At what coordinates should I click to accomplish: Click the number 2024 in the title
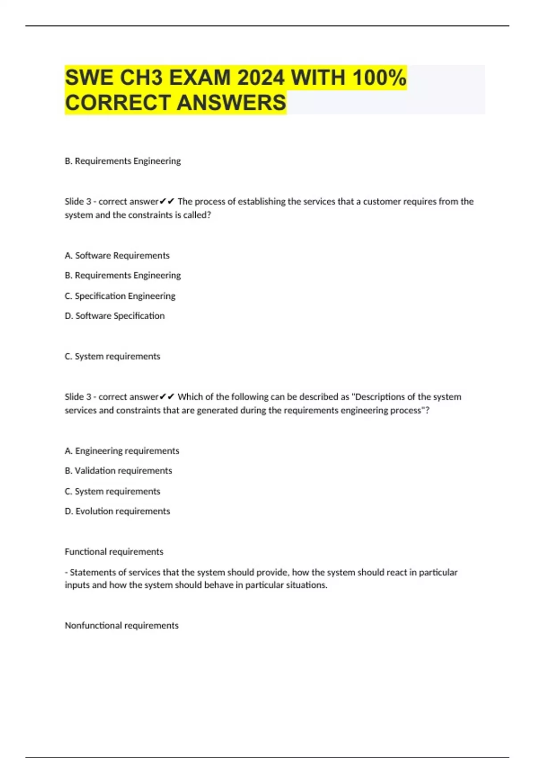(261, 78)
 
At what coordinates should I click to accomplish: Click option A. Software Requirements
(117, 255)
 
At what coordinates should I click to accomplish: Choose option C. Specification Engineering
(120, 296)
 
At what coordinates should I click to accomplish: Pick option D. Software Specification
(115, 316)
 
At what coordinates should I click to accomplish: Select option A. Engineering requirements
(122, 451)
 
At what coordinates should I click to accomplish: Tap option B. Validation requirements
(118, 470)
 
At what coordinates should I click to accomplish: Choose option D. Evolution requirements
(117, 511)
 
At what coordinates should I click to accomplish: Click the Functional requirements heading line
(114, 552)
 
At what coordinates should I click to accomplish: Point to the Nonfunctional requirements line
(121, 626)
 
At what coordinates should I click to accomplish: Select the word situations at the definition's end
(306, 585)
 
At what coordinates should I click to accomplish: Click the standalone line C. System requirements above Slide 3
(112, 356)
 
